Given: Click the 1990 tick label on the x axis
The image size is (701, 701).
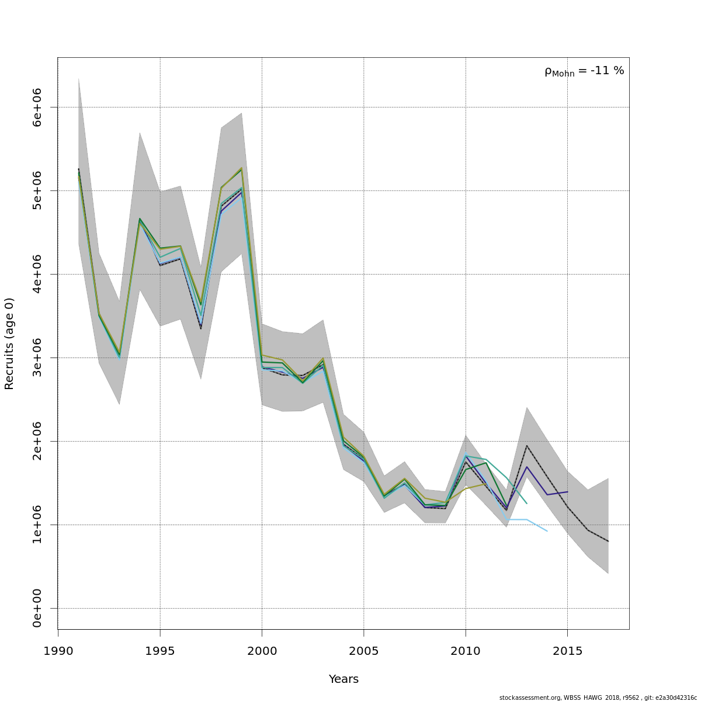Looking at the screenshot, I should point(58,651).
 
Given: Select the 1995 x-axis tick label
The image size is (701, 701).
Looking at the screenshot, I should point(160,651).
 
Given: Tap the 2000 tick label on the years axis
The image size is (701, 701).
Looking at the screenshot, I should point(262,651).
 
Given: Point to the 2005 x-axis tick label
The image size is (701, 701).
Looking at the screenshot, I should point(364,651).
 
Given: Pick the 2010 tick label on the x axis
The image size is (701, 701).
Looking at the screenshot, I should point(466,651).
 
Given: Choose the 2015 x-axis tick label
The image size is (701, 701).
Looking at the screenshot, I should point(567,651).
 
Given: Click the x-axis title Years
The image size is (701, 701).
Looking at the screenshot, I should point(343,679).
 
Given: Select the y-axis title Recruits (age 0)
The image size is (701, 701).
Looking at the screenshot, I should point(9,343).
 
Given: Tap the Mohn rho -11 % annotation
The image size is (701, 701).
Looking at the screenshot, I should point(584,71).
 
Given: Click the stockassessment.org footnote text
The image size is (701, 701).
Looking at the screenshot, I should point(598,697).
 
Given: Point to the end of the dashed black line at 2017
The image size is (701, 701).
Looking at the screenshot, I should point(608,542).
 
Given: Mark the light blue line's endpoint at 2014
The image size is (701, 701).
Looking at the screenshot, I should point(547,531).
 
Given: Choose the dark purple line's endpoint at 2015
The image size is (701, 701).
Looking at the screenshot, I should point(567,492).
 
